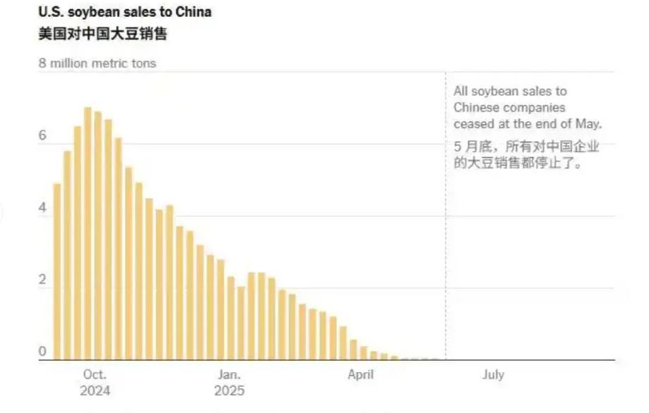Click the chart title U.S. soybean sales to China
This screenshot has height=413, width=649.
tap(125, 12)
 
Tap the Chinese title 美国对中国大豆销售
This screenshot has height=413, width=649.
tap(102, 34)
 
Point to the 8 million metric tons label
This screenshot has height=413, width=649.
tap(97, 63)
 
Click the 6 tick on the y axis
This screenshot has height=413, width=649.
tap(42, 135)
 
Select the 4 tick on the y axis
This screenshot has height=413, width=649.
tap(42, 209)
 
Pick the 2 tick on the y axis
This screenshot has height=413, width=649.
tap(42, 280)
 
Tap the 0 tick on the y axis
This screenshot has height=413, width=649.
tap(42, 352)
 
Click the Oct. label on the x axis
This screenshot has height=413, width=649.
tap(95, 375)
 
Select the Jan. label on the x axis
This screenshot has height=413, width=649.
tap(229, 375)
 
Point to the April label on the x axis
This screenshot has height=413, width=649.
tap(360, 375)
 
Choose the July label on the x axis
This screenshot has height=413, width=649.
tap(493, 375)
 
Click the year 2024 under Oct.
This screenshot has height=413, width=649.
tap(95, 391)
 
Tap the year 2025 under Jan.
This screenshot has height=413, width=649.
tap(229, 391)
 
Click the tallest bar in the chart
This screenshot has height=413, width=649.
tap(88, 233)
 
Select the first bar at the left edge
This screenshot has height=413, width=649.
tap(57, 271)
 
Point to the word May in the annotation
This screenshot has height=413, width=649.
tap(591, 124)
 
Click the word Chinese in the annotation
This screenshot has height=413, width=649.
tap(475, 108)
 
